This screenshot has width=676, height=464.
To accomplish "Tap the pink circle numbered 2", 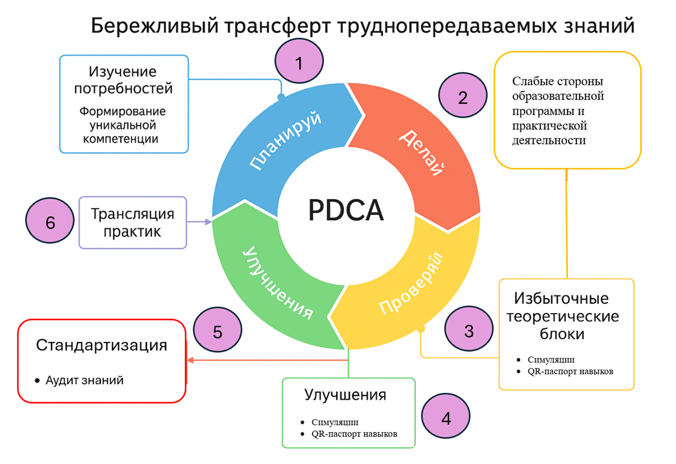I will (x=462, y=97).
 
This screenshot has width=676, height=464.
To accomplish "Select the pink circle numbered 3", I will (x=469, y=330).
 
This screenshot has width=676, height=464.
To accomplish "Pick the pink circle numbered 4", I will (x=446, y=418).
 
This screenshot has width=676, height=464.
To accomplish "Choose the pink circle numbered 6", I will (x=50, y=223).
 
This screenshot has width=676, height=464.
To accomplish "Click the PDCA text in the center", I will (x=346, y=210).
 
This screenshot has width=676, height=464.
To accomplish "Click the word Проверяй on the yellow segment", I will (x=411, y=283).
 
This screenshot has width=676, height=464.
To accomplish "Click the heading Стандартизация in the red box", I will (x=101, y=345).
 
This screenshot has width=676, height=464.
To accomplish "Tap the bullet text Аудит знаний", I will (x=85, y=380).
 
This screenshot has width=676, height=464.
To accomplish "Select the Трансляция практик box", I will (x=133, y=223).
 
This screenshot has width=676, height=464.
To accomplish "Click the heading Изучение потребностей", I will (x=123, y=79).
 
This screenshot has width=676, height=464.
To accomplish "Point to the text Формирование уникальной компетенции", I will (x=123, y=125).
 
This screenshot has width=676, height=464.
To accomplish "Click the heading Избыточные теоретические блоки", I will (x=562, y=316).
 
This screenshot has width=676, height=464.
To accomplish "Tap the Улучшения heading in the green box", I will (x=345, y=395).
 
